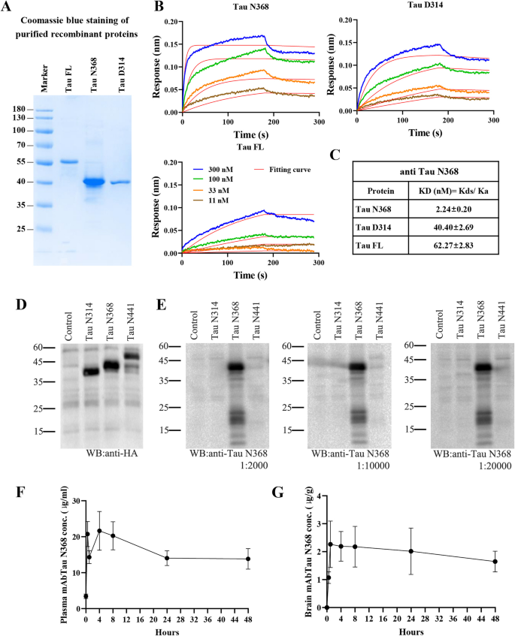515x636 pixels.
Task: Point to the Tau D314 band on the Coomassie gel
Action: tap(120, 182)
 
